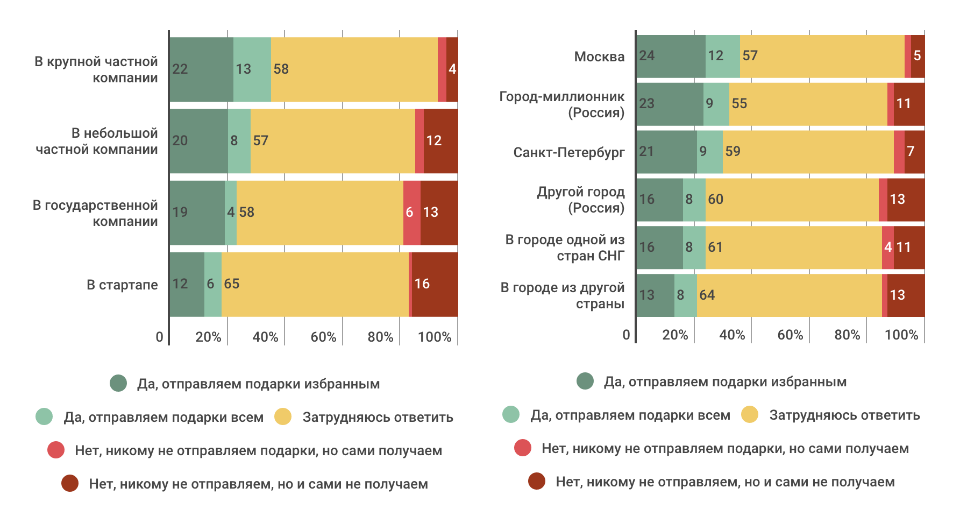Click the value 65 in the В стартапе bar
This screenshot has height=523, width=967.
coord(232,284)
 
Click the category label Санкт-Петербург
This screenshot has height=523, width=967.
coord(568,152)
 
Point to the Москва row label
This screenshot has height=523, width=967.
coord(599,56)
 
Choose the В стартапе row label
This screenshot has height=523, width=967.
coord(122,285)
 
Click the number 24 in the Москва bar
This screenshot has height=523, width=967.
coord(647,55)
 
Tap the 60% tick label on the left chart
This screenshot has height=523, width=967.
coord(323,337)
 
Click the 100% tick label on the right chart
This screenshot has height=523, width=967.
coord(901,335)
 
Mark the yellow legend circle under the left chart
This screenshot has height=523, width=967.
coord(283,416)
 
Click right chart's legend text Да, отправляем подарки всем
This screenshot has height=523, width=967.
coord(630,415)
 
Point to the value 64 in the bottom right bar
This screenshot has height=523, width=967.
coord(707,295)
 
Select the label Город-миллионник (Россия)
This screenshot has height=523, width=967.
coord(561,104)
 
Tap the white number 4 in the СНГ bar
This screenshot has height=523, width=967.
coord(888,247)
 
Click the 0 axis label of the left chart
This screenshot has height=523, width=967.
coord(159,337)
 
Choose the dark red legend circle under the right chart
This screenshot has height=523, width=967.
coord(537,481)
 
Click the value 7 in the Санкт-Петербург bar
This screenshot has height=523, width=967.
coord(911,151)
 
